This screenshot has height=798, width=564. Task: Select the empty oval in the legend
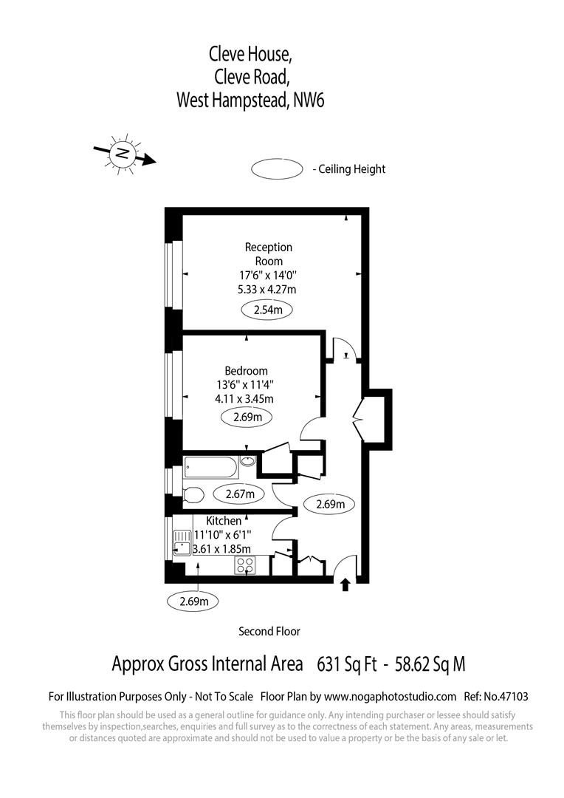(x=278, y=169)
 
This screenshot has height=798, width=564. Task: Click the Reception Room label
(x=269, y=254)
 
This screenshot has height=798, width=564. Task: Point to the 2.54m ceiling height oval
(x=267, y=310)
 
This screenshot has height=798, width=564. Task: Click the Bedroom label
(x=247, y=371)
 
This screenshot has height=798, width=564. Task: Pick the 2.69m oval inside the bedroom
(x=247, y=417)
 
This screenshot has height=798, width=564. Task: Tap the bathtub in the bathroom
(x=210, y=467)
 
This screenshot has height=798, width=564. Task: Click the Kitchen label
(x=224, y=522)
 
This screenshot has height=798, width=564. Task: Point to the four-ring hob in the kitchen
(x=245, y=565)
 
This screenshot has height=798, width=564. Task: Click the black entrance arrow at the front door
(x=345, y=585)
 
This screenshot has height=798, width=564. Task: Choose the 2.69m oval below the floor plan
(x=194, y=601)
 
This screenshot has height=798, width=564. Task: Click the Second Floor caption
(x=269, y=631)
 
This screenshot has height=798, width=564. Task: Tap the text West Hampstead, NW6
(x=250, y=100)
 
